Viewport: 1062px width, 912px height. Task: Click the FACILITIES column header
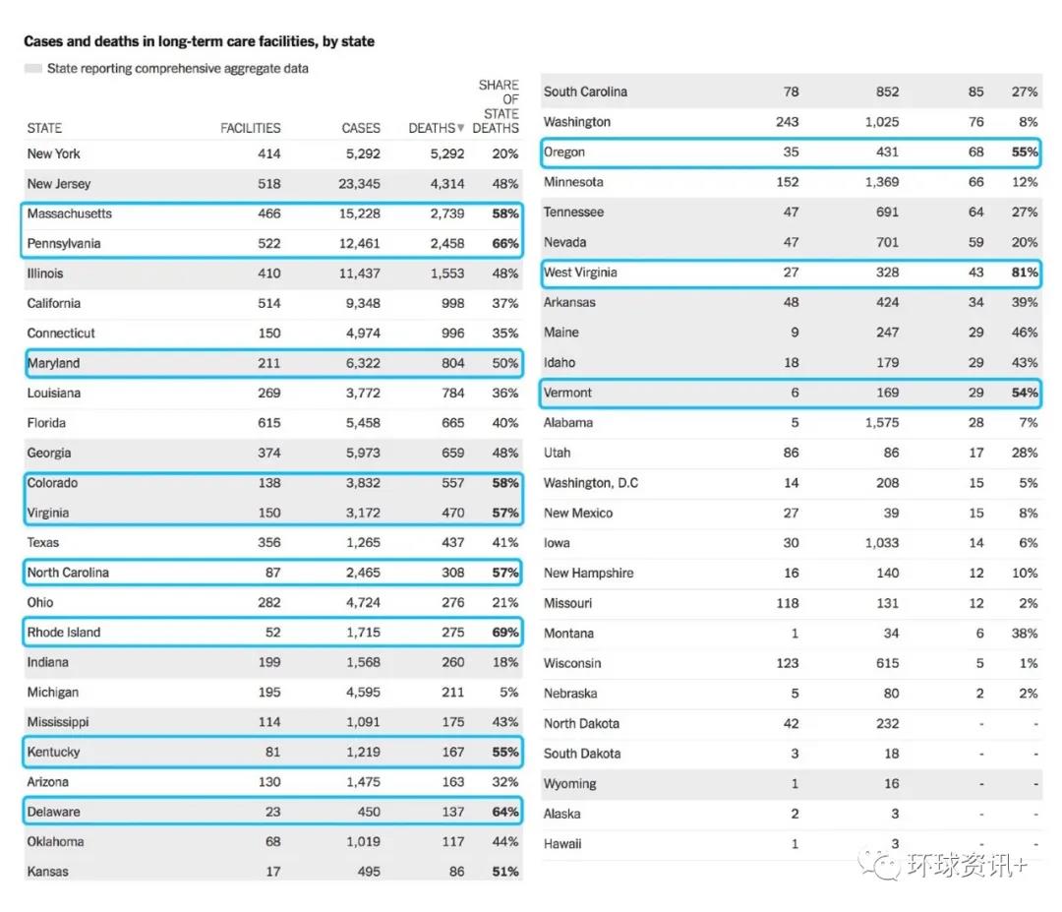(250, 128)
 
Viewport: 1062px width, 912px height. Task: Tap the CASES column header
(361, 128)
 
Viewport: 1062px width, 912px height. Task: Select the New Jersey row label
(59, 184)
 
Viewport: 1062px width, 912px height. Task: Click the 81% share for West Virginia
(1024, 273)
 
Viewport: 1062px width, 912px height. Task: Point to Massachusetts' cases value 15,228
(359, 213)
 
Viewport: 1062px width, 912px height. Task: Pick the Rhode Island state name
(64, 633)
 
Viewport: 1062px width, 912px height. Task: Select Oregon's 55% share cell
(1024, 152)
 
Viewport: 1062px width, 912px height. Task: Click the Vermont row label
(568, 393)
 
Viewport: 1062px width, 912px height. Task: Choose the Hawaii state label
(562, 844)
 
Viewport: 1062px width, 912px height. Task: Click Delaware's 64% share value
(504, 812)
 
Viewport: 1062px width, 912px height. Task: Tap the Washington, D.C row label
(591, 483)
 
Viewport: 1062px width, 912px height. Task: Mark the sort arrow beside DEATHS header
(461, 129)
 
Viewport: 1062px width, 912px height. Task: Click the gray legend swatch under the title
(32, 69)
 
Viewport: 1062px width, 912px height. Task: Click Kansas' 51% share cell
(504, 872)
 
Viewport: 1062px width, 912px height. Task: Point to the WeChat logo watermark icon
(879, 866)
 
